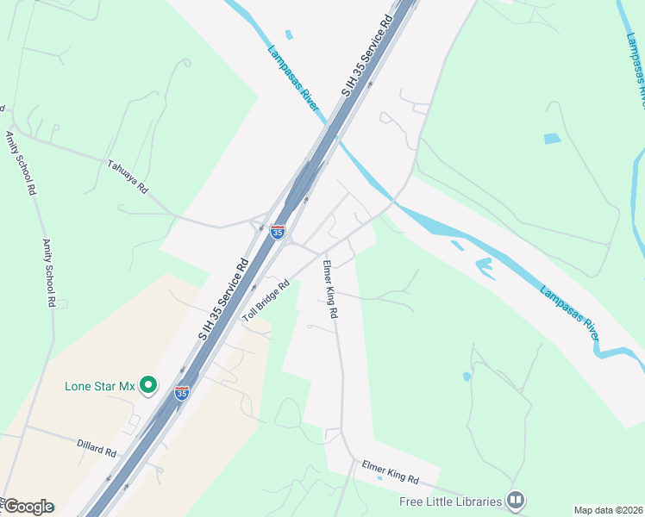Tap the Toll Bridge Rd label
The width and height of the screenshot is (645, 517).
[266, 301]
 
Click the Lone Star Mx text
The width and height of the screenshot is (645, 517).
[100, 386]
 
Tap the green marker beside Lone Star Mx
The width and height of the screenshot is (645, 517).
[148, 385]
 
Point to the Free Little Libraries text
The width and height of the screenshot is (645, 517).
[450, 501]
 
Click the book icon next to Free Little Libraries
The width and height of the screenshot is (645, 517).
[516, 500]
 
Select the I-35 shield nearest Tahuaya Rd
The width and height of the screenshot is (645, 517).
[277, 232]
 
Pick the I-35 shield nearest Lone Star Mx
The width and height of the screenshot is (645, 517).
[181, 393]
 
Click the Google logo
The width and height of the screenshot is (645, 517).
[28, 507]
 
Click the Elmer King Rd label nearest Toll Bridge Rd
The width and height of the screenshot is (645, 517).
[329, 290]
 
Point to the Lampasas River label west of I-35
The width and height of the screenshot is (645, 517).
[293, 78]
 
